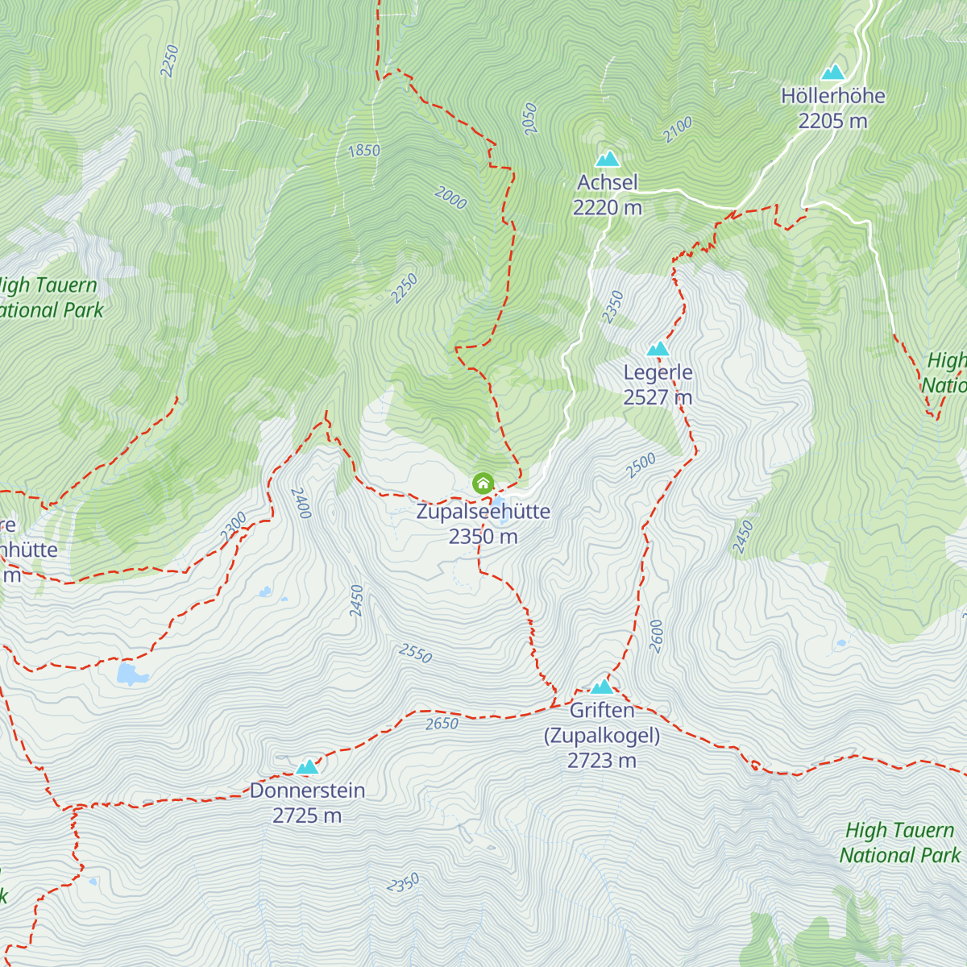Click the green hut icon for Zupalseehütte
(x=483, y=483)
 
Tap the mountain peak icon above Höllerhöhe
(x=832, y=73)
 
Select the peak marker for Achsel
(x=607, y=159)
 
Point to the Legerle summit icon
(x=658, y=349)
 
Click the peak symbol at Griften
(x=602, y=687)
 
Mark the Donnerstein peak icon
(x=307, y=766)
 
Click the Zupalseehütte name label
(x=483, y=512)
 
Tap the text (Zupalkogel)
(x=602, y=736)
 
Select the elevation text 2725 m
(x=307, y=816)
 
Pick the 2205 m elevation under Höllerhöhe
(x=832, y=121)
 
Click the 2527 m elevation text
(x=658, y=397)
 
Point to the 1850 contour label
(x=364, y=151)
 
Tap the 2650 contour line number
(x=442, y=724)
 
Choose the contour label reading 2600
(x=656, y=636)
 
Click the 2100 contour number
(x=678, y=130)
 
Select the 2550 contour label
(x=415, y=654)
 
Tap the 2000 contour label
(x=450, y=197)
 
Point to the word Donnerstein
(x=307, y=791)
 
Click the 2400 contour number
(x=301, y=503)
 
